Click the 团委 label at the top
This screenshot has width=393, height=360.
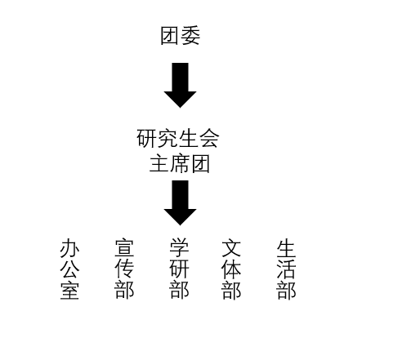pyautogui.click(x=181, y=36)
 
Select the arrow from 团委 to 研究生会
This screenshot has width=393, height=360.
pyautogui.click(x=180, y=85)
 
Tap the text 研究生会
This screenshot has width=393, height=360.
pyautogui.click(x=178, y=139)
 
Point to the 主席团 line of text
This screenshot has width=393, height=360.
pyautogui.click(x=180, y=164)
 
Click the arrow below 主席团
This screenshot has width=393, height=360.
pyautogui.click(x=180, y=202)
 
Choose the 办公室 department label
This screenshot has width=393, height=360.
pyautogui.click(x=69, y=269)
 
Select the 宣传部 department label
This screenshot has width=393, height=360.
pyautogui.click(x=124, y=269)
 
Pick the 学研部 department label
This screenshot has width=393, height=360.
pyautogui.click(x=179, y=269)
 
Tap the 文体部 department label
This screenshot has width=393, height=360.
pyautogui.click(x=231, y=269)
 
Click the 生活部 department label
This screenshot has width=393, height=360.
pyautogui.click(x=286, y=269)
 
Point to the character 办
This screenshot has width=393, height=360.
pyautogui.click(x=69, y=248)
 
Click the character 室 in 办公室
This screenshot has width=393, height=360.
pyautogui.click(x=69, y=291)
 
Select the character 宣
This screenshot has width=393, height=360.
pyautogui.click(x=124, y=248)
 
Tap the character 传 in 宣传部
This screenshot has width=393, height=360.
pyautogui.click(x=124, y=269)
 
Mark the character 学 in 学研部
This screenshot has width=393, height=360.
pyautogui.click(x=179, y=247)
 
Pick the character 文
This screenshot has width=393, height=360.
pyautogui.click(x=231, y=248)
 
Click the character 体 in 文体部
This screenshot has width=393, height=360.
pyautogui.click(x=231, y=269)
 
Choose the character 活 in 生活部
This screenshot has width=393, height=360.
pyautogui.click(x=286, y=269)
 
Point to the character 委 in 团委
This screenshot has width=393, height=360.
pyautogui.click(x=190, y=36)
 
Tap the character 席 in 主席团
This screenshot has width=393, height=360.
pyautogui.click(x=180, y=164)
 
